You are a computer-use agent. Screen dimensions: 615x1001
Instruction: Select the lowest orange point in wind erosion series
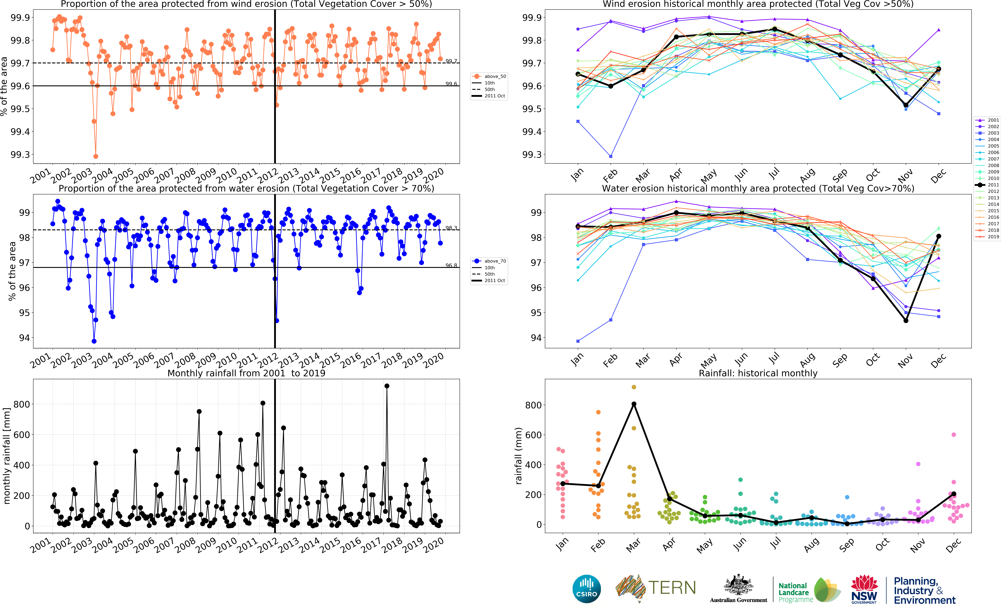tap(96, 156)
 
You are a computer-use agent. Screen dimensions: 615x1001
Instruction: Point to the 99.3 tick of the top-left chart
tap(20, 155)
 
